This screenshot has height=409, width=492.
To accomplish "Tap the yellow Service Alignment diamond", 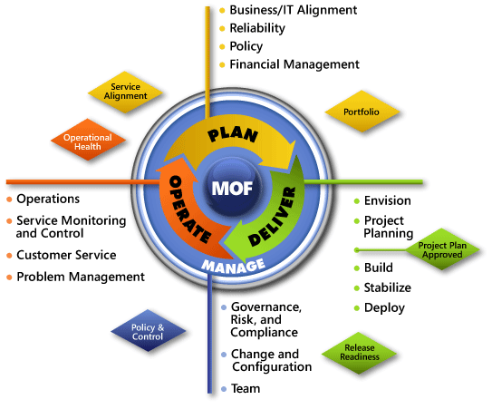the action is [x=126, y=92].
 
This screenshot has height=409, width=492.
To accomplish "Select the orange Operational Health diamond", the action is [x=88, y=139].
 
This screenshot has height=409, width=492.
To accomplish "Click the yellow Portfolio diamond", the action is [x=362, y=112].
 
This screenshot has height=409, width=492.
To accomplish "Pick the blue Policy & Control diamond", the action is [x=148, y=330].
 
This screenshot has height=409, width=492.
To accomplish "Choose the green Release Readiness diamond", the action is [x=359, y=353].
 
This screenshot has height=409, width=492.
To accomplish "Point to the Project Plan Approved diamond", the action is [x=442, y=249].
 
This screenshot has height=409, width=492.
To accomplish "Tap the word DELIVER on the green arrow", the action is [x=272, y=217].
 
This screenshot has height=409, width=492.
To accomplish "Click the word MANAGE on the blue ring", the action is [x=233, y=267].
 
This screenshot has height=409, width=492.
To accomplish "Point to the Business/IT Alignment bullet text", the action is [x=293, y=10].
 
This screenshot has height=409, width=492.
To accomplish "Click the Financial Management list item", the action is [x=294, y=64].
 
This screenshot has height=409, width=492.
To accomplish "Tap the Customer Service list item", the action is [x=66, y=255].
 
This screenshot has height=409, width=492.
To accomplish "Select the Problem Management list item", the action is [x=81, y=277].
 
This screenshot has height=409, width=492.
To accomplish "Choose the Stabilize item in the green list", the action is [x=388, y=287].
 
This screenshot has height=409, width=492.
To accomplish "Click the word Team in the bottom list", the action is [x=246, y=388].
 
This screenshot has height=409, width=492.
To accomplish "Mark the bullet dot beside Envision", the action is [x=356, y=201].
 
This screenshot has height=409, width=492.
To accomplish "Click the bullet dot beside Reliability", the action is [x=222, y=29].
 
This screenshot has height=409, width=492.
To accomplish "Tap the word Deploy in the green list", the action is [x=384, y=307].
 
